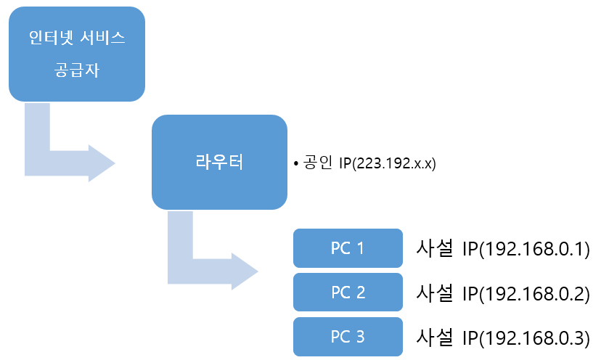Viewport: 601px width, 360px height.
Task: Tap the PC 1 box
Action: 348,248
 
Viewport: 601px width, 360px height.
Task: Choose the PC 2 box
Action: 348,292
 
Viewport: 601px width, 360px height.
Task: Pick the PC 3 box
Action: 348,337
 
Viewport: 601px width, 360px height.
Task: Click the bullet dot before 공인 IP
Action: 296,165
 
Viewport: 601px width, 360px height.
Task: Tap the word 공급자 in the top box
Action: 76,71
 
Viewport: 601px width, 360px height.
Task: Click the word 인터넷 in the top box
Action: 52,37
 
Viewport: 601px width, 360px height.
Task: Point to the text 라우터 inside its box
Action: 219,163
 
